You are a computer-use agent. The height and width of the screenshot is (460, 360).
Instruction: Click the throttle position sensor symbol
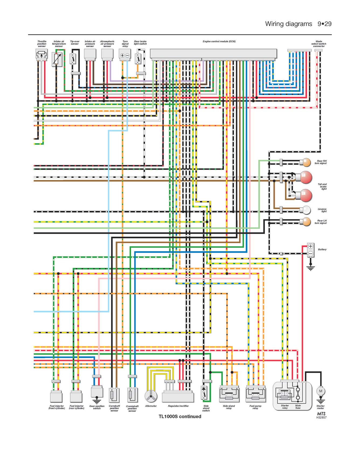42,55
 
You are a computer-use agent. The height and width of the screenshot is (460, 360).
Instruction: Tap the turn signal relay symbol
125,55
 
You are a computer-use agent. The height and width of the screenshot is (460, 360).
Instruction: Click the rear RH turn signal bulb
306,162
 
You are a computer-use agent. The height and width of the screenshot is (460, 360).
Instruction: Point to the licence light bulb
306,209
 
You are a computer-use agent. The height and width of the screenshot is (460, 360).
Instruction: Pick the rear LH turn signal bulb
306,222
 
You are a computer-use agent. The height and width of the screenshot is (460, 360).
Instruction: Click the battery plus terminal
310,246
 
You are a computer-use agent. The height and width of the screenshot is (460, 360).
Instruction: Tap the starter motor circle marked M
320,391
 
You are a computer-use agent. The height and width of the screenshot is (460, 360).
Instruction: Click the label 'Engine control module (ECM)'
219,41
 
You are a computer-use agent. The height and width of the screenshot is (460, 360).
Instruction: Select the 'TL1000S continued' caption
180,417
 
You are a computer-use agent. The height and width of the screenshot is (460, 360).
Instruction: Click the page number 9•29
324,24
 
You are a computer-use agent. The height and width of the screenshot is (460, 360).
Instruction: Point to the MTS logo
321,414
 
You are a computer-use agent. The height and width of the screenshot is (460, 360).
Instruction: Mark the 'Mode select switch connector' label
319,44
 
